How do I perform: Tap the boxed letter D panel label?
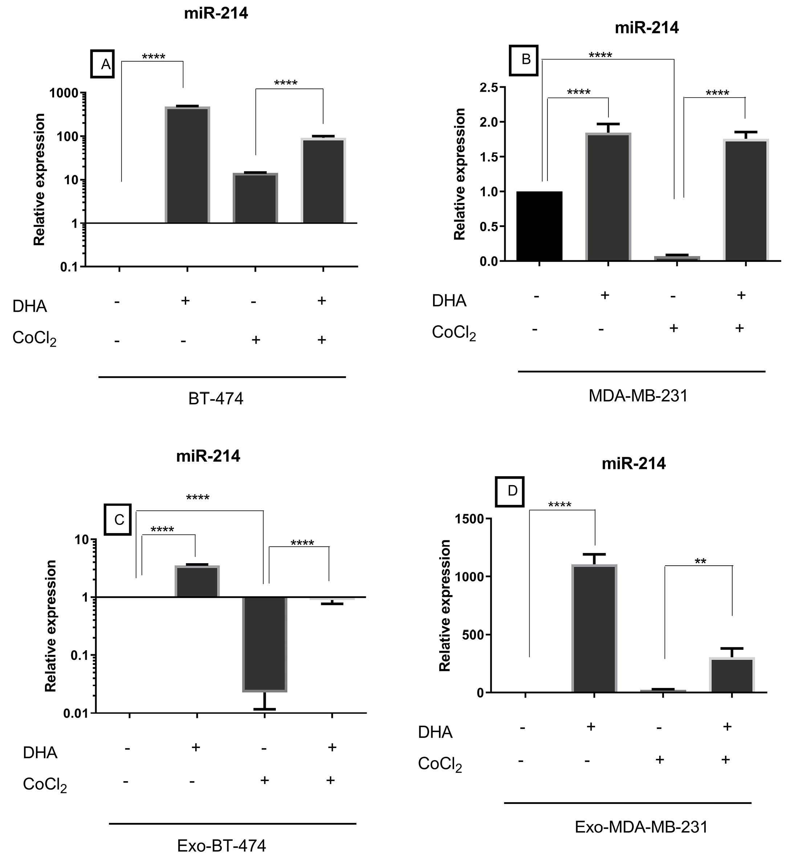pyautogui.click(x=512, y=491)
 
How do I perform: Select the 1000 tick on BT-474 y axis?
pyautogui.click(x=65, y=93)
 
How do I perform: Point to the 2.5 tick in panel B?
pyautogui.click(x=489, y=88)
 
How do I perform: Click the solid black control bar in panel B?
pyautogui.click(x=539, y=226)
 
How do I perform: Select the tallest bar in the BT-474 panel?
pyautogui.click(x=187, y=165)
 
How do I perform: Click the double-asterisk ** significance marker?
pyautogui.click(x=700, y=562)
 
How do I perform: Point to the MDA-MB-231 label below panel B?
pyautogui.click(x=638, y=396)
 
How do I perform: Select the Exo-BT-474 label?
pyautogui.click(x=221, y=846)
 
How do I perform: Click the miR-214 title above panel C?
pyautogui.click(x=208, y=456)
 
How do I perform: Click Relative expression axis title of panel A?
pyautogui.click(x=39, y=180)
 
